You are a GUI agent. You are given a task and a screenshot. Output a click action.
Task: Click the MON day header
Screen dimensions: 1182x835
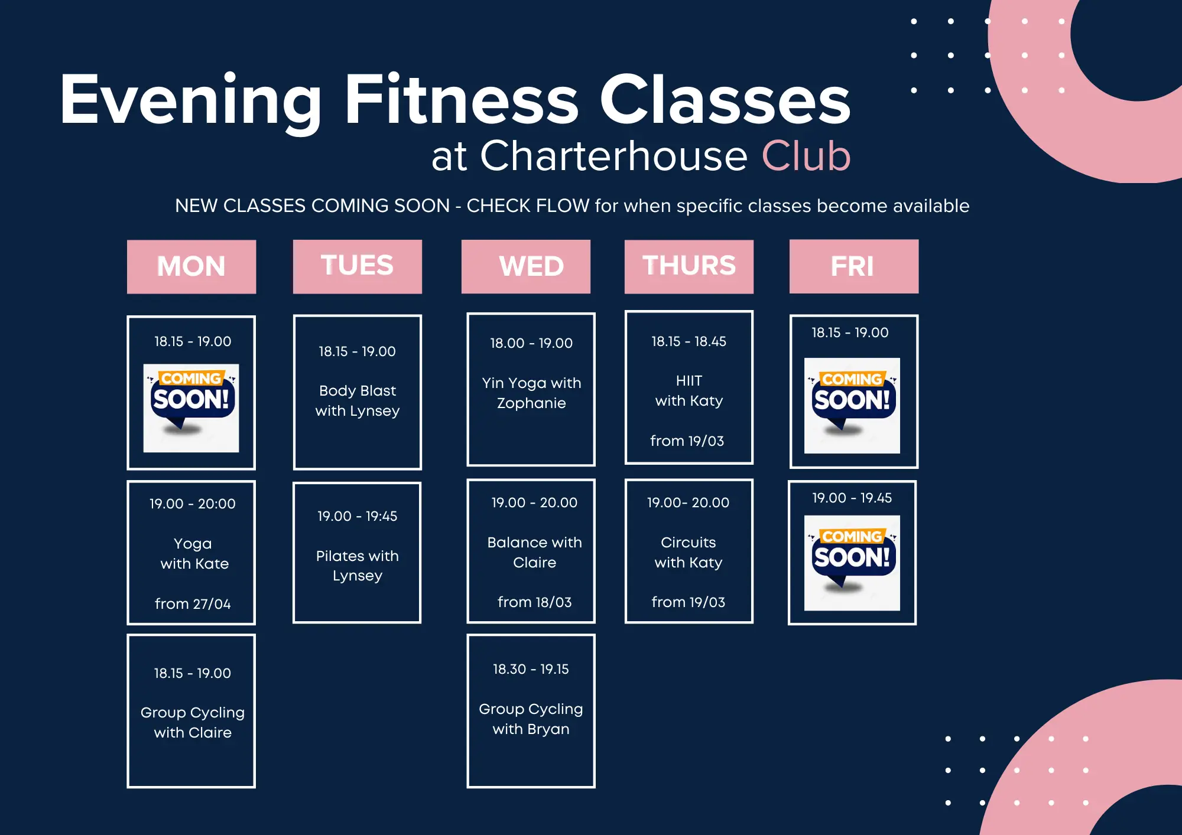pos(191,266)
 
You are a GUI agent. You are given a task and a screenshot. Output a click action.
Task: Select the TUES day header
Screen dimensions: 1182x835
pos(358,266)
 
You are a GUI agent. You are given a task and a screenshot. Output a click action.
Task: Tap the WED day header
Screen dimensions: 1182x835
pos(526,266)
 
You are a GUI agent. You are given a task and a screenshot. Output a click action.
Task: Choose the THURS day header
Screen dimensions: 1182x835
pos(689,266)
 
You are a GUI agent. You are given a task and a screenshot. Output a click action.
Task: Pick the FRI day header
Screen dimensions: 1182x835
pos(854,266)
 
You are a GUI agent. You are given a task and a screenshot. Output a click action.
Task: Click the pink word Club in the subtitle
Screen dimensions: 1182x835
pos(806,156)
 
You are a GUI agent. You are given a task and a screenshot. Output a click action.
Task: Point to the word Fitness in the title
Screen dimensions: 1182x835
pos(462,99)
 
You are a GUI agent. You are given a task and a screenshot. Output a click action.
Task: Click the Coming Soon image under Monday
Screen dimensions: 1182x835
pos(191,408)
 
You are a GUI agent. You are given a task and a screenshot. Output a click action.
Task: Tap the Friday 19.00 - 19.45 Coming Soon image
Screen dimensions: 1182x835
pos(852,563)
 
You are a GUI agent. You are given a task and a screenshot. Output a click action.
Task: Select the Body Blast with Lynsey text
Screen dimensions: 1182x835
pos(358,400)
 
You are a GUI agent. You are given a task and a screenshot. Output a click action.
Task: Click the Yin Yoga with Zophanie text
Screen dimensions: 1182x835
pos(531,393)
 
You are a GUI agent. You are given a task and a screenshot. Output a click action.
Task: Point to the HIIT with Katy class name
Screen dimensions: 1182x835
pos(689,391)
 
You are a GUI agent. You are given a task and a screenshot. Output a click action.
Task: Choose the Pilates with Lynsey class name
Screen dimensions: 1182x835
pos(358,566)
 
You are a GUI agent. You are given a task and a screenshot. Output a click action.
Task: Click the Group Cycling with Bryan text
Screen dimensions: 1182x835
pos(531,719)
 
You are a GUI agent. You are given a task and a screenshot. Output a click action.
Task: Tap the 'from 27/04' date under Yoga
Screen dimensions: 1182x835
pos(193,604)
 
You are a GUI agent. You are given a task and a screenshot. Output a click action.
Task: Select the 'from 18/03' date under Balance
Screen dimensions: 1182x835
pos(535,602)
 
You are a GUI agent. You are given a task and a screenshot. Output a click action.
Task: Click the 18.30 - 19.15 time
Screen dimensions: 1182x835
pos(531,669)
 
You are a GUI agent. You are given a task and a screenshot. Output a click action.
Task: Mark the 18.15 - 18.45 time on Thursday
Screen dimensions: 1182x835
pos(689,341)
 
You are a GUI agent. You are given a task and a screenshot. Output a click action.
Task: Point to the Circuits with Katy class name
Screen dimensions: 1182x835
pos(689,552)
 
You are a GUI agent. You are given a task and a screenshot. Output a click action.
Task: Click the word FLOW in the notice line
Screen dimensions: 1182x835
pos(561,206)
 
